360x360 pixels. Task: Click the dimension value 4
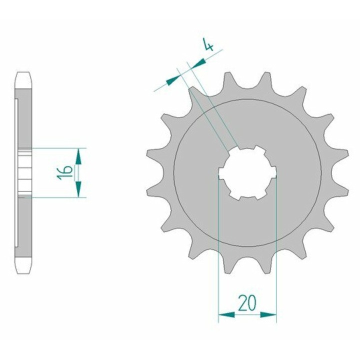[208, 44]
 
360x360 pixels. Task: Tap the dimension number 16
[64, 172]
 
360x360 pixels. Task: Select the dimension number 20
[247, 302]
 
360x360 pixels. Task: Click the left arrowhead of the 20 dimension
[226, 314]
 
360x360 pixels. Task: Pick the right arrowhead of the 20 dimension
[268, 314]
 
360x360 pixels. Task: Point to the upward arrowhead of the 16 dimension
[78, 156]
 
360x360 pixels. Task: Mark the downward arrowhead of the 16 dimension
[78, 189]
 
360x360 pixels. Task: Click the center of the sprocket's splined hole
[247, 172]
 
